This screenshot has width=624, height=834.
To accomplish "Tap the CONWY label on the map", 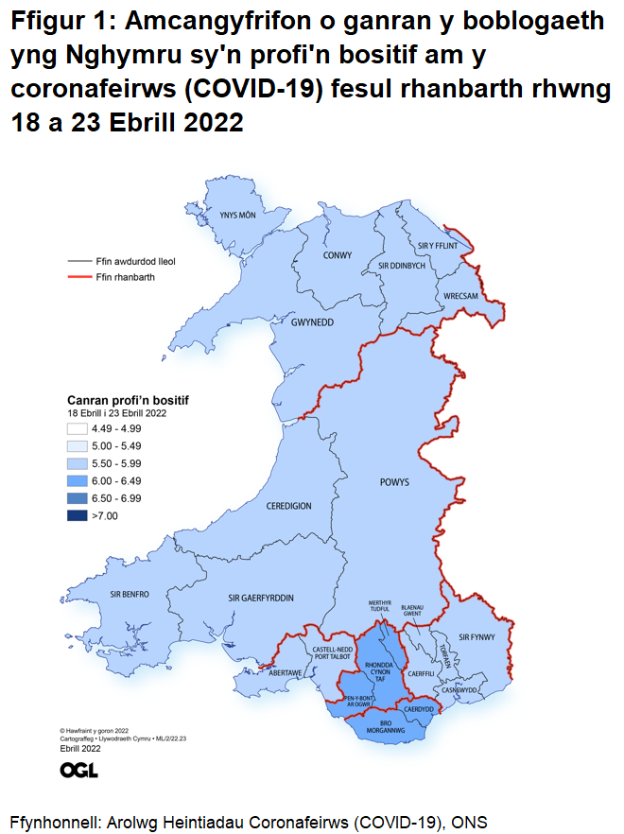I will tap(338, 255).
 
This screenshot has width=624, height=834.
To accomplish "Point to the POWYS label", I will tap(395, 481).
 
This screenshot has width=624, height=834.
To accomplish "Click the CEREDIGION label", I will tap(288, 506).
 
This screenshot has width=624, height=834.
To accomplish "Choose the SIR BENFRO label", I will tap(130, 594).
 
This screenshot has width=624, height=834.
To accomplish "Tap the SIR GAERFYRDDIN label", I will tap(261, 599).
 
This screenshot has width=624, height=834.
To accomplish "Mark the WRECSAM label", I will tap(461, 296).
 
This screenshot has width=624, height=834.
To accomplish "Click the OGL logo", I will tap(78, 770).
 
